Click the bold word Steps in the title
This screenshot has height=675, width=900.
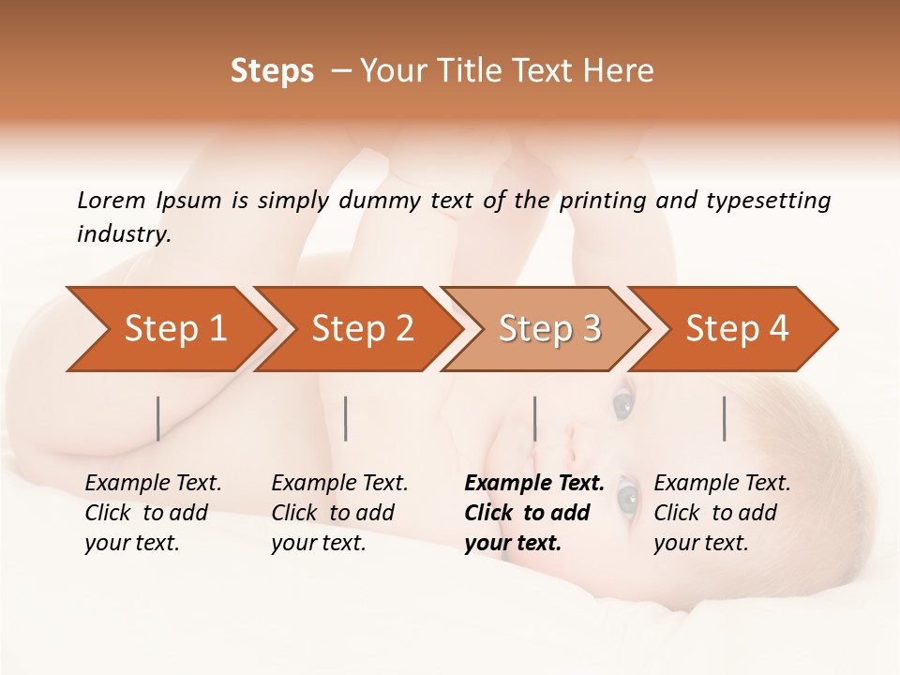pos(272,71)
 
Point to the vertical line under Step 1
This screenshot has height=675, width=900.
pos(158,418)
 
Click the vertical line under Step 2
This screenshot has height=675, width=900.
pos(346,418)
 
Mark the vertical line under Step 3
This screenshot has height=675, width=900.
pos(534,418)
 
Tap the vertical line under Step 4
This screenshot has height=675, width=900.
pos(724,418)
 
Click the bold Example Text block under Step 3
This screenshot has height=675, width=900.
pos(533,513)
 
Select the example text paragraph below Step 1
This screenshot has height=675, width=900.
pos(153,513)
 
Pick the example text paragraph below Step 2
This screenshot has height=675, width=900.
pos(339,513)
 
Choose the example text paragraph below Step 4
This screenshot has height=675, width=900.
pos(722,513)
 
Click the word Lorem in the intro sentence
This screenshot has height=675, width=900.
pos(111,201)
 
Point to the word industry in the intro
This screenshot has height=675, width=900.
pos(124,234)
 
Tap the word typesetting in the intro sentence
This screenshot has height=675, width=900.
pos(768,201)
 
